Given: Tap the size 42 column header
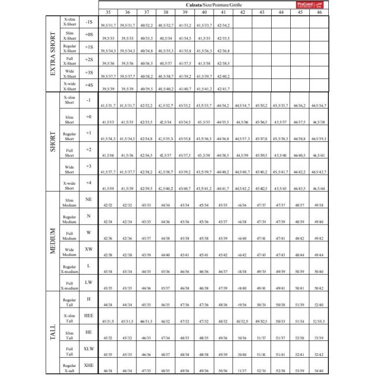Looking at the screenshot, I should click(x=243, y=12).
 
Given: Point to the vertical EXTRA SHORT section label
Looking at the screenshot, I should click(x=54, y=54).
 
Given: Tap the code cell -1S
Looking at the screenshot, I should click(x=89, y=22).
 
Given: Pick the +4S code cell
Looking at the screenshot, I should click(x=89, y=85).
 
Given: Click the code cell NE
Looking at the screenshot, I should click(x=89, y=199).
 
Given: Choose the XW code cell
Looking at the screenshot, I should click(x=89, y=249).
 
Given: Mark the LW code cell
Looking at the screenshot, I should click(x=89, y=283).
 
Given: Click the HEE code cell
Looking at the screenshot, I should click(x=89, y=316).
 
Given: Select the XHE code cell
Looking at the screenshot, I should click(x=89, y=366).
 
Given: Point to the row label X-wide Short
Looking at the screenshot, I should click(x=69, y=185).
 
